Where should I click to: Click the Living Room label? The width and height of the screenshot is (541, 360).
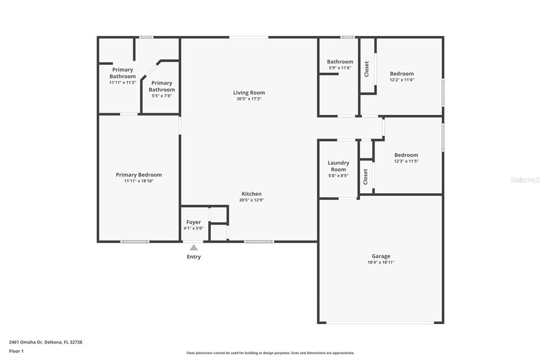249,92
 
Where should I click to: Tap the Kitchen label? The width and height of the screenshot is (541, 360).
251,194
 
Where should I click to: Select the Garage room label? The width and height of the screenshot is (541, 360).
381,256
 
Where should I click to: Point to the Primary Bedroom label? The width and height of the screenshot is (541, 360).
139,175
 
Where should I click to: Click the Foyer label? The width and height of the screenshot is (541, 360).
193,222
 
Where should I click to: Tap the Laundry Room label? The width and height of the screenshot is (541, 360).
339,166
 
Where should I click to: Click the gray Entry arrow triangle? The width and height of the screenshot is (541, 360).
194,247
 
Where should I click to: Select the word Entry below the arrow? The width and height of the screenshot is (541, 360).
194,257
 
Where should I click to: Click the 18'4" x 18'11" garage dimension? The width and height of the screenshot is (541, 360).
381,262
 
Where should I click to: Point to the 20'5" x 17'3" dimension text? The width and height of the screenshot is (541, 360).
249,99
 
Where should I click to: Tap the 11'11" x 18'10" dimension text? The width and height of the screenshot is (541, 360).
139,181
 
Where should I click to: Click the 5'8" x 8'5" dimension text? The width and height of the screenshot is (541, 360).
339,176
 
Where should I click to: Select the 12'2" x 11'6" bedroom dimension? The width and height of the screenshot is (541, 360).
402,80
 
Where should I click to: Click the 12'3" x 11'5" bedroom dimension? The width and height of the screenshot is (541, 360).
406,161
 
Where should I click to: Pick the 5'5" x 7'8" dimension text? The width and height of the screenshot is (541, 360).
162,96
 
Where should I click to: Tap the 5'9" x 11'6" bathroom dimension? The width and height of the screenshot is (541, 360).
340,68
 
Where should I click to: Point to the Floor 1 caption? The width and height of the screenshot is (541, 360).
16,352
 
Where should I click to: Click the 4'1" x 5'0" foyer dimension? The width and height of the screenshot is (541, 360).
193,228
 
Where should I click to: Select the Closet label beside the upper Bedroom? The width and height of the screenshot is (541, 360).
367,69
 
